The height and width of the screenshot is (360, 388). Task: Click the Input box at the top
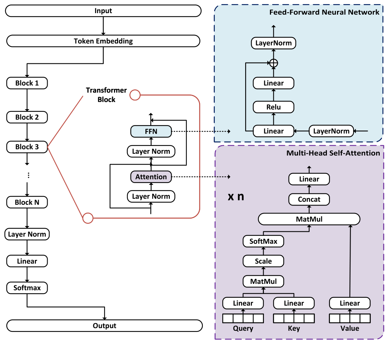coord(103,11)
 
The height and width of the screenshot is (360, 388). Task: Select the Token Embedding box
coord(103,41)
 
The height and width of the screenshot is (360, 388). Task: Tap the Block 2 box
coord(27,117)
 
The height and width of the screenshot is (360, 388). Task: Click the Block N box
coord(27,202)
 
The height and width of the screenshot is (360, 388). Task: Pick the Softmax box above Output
coord(27,288)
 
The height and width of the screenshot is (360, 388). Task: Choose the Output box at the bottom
coord(104,326)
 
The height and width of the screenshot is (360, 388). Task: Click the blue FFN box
coord(151,131)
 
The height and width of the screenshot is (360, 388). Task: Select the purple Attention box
coord(151,177)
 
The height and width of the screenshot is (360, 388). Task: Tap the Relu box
coord(273,107)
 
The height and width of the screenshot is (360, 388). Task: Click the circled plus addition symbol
coord(274,63)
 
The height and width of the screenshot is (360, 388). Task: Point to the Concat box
coord(309,199)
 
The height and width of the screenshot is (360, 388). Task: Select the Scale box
coord(263,261)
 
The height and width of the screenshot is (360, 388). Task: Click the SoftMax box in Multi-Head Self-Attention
coord(263,241)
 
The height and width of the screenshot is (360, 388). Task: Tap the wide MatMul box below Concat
coord(309,219)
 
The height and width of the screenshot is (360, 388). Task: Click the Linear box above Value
coord(349,303)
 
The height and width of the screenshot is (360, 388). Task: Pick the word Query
coord(243,328)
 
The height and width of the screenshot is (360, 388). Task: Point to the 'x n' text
coord(236,196)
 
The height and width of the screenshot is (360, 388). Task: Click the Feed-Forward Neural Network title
coord(324,12)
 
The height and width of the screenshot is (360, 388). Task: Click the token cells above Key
coord(294,318)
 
